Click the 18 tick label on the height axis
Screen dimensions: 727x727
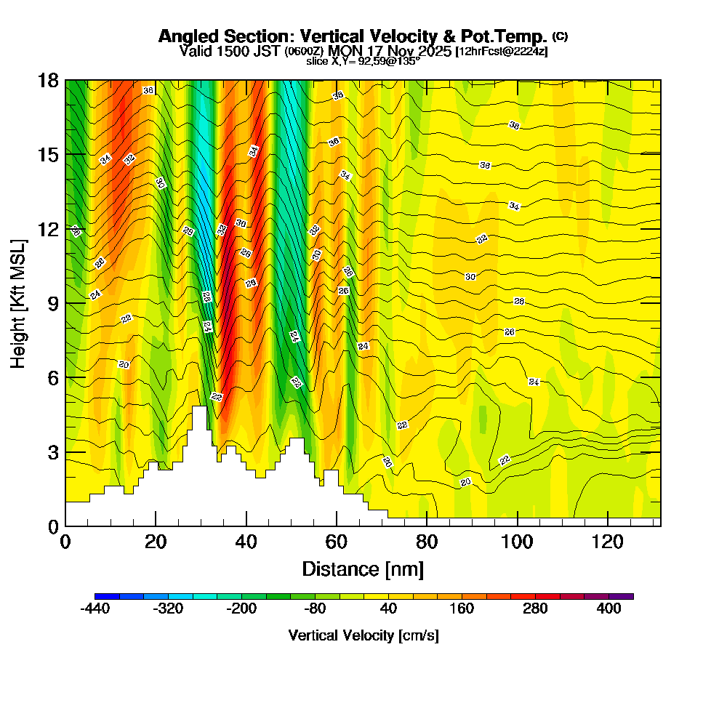[49, 81]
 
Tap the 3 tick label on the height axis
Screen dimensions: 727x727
[53, 452]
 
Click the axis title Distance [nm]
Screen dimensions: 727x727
[363, 568]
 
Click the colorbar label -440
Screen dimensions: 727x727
[95, 609]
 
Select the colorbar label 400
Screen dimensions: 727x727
[609, 609]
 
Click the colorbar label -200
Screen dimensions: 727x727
[241, 609]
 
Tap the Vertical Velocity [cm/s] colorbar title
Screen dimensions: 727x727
[363, 635]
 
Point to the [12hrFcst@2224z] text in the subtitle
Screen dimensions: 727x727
[502, 52]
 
